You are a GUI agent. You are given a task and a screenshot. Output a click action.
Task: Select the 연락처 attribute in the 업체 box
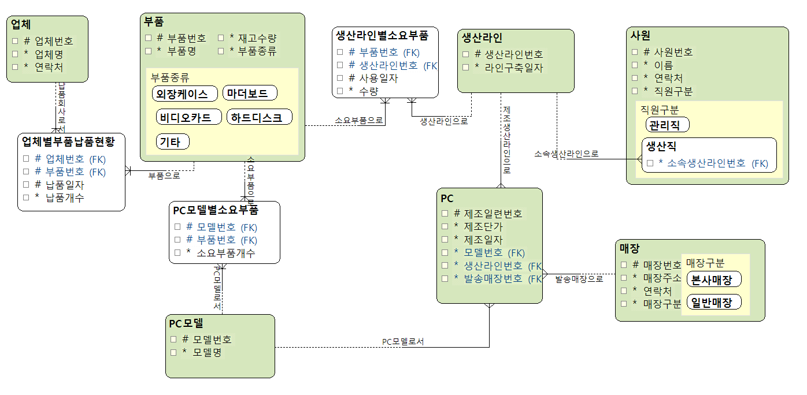(x=49, y=67)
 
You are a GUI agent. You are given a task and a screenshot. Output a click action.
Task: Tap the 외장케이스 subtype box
(x=185, y=94)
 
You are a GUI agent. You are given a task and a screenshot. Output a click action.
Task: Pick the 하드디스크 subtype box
(x=260, y=117)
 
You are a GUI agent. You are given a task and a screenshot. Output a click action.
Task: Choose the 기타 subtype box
(x=172, y=141)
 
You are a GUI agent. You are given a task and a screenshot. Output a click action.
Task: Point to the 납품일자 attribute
(x=65, y=185)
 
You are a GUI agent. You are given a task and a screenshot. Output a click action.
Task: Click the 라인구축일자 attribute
(x=509, y=68)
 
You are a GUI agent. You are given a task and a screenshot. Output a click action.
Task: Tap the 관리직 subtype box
(x=667, y=124)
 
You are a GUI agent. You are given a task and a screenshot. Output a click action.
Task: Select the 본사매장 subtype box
(x=713, y=280)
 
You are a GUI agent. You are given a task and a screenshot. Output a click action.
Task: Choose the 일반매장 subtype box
(x=713, y=302)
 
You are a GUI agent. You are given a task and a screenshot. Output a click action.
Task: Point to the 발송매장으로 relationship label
(x=579, y=279)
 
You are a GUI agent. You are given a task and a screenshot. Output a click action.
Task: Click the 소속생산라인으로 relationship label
(x=566, y=154)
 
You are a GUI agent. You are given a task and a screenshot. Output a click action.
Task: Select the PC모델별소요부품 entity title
(x=215, y=210)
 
